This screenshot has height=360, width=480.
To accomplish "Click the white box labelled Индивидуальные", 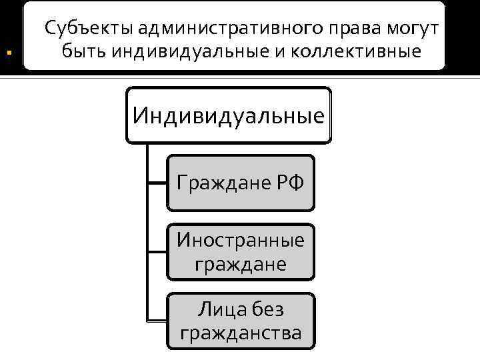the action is coord(229,115).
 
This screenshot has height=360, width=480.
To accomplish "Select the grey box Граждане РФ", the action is coord(240,182).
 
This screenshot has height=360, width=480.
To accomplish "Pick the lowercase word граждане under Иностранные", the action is coord(240,263).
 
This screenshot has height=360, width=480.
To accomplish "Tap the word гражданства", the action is coord(240,332).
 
